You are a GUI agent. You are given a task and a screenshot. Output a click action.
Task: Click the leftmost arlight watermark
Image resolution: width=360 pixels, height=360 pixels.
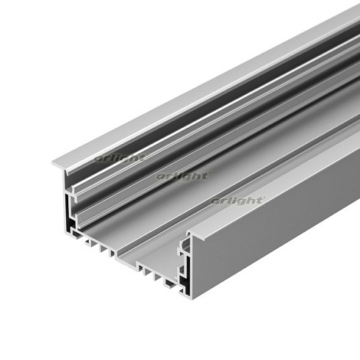tap(119, 157)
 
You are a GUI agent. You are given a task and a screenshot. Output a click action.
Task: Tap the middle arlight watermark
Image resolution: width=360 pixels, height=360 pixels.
tap(183, 176)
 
